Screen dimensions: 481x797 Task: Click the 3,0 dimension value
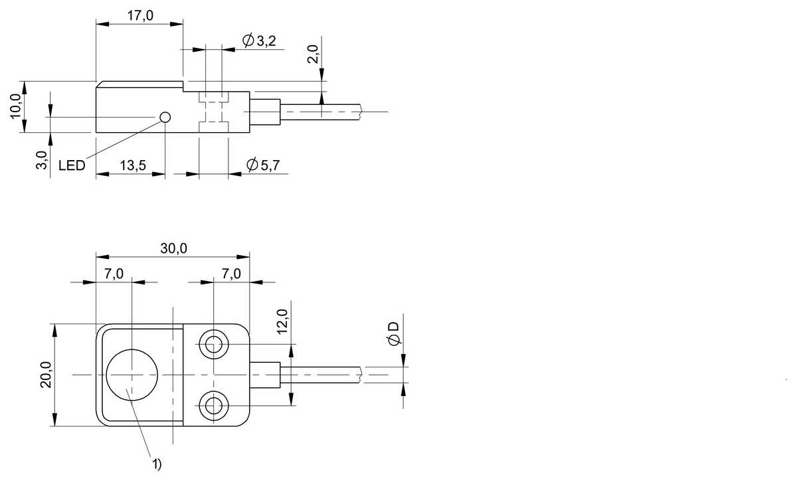tap(41, 161)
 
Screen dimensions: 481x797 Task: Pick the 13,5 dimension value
tap(132, 165)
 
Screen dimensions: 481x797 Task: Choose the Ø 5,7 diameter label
tap(261, 165)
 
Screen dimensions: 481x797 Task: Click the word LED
tap(72, 165)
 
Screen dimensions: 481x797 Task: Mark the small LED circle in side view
tap(165, 118)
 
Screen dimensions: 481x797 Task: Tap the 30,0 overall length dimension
tap(173, 248)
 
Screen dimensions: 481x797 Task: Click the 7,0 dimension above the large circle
tap(114, 274)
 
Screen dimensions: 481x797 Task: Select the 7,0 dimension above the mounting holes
tap(231, 274)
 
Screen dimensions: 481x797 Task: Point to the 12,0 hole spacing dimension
tap(283, 322)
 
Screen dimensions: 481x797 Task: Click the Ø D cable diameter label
tap(394, 333)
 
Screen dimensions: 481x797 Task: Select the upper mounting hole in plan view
tap(213, 345)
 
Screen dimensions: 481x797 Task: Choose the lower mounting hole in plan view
tap(213, 404)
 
